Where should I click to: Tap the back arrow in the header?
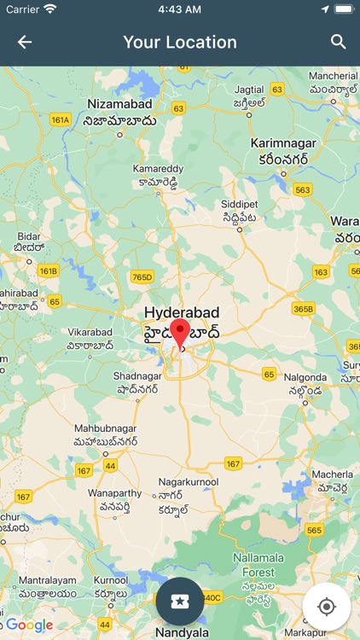coord(25,42)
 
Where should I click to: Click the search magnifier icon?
coord(339,42)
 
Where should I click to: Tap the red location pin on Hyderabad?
coord(180,333)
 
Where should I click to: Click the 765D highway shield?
coord(142,276)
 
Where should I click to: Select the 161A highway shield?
coord(61,119)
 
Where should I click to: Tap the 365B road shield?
coord(303,308)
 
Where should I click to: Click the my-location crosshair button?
coord(326,607)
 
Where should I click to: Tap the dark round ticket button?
coord(179,602)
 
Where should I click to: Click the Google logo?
coord(29,625)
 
